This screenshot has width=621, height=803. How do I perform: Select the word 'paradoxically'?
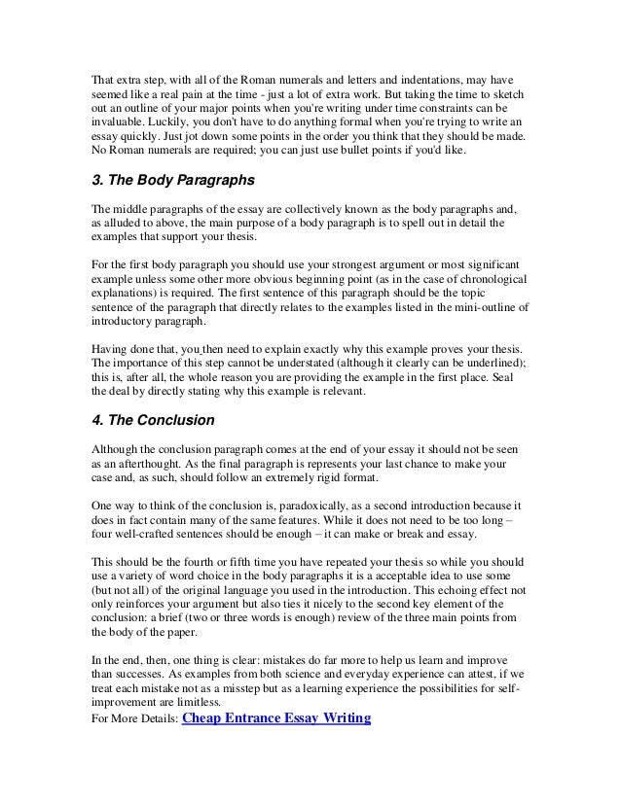click(317, 506)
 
